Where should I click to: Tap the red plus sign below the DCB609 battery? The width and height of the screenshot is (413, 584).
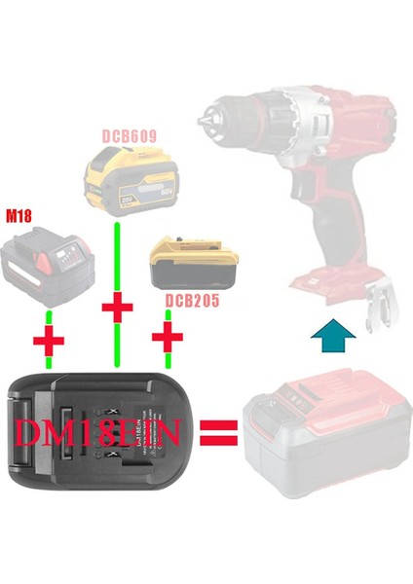click(117, 310)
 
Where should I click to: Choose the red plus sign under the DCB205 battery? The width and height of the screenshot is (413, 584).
click(169, 340)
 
